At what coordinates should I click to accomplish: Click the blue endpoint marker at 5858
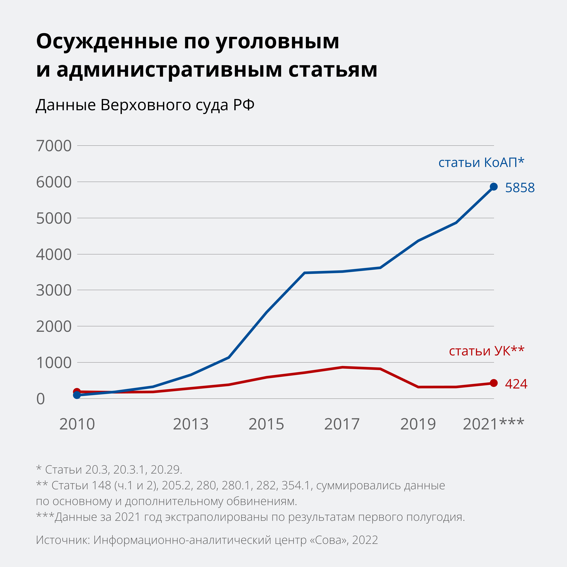494,187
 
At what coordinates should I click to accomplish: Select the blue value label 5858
520,188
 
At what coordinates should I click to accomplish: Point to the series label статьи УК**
486,351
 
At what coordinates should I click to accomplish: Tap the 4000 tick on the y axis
54,254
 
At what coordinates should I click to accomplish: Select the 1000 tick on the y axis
54,363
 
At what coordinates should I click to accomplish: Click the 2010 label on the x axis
77,424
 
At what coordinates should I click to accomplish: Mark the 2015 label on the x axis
266,424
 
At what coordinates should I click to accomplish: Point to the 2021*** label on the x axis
493,424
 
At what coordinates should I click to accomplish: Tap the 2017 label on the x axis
342,424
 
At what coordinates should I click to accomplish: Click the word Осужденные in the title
107,41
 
